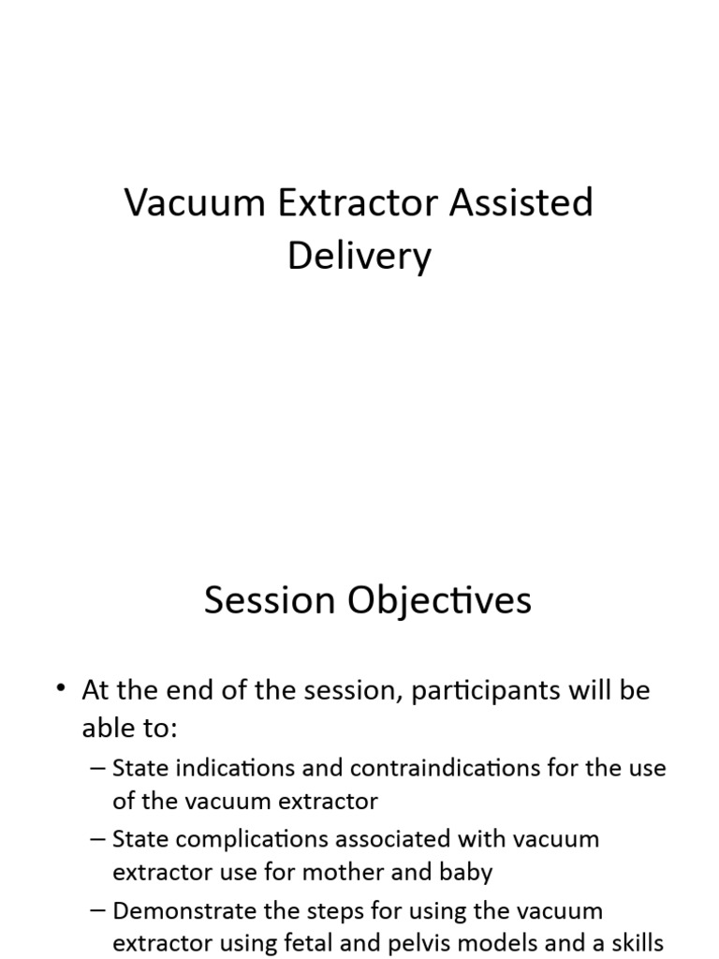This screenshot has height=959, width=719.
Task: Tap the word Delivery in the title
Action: [x=359, y=256]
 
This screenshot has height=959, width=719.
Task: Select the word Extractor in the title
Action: [x=361, y=203]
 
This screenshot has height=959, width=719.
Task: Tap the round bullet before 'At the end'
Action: [x=63, y=690]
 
